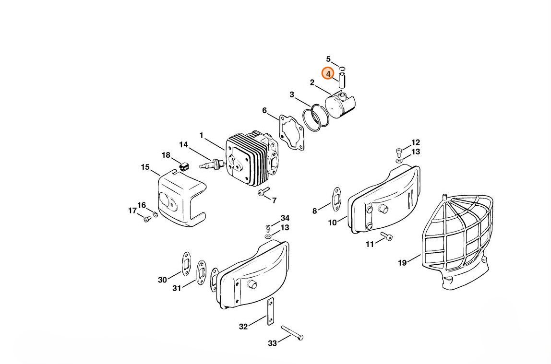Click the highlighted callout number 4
[328, 74]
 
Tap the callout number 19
[402, 262]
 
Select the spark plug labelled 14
[212, 164]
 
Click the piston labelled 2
[340, 104]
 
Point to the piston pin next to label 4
[342, 80]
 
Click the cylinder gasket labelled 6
[291, 133]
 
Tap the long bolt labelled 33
[292, 333]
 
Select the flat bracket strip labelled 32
[270, 312]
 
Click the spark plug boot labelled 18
[183, 166]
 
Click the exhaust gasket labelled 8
[336, 200]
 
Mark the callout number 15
[145, 167]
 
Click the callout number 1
[201, 136]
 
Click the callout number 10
[333, 223]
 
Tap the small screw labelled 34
[268, 227]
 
